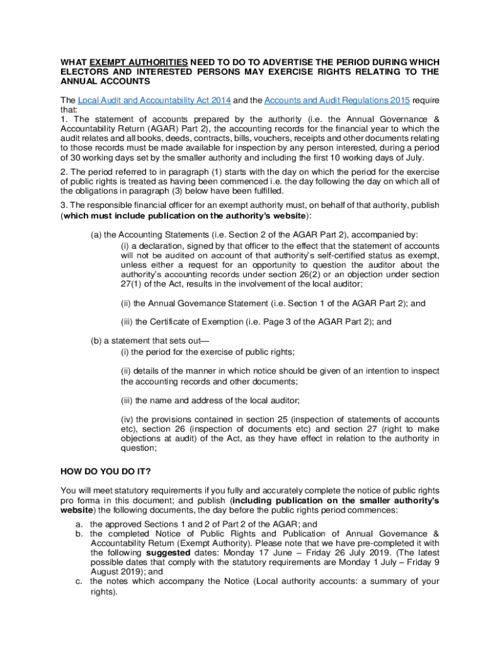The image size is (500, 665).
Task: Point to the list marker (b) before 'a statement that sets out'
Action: coord(96,341)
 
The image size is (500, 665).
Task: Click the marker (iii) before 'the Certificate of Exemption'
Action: coord(129,321)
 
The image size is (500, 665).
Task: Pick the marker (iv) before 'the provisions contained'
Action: coord(128,421)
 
